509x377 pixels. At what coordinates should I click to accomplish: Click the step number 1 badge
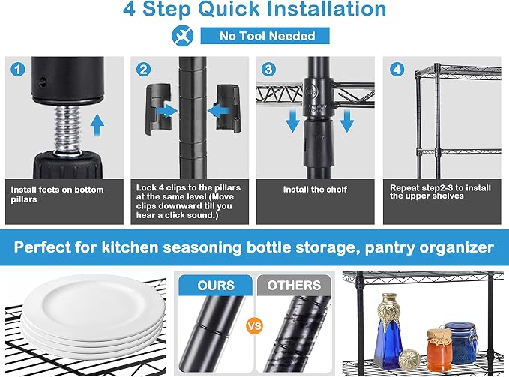[17, 70]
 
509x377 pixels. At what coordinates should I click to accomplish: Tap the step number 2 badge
[143, 70]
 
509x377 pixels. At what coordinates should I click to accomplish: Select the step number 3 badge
[268, 70]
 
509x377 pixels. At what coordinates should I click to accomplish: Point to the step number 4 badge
[397, 70]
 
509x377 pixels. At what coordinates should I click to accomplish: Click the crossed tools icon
[183, 36]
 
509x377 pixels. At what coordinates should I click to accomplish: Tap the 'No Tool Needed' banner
[265, 36]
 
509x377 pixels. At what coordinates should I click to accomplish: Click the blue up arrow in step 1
[97, 125]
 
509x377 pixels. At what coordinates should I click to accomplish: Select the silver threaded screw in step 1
[67, 129]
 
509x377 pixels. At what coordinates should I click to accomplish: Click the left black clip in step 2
[158, 109]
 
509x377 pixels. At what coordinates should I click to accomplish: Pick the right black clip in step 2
[229, 109]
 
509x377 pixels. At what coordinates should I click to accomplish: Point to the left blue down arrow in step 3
[293, 121]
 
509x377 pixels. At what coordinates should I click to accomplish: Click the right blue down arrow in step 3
[346, 121]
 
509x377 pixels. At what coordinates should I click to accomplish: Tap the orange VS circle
[254, 325]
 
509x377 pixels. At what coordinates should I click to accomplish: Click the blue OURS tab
[216, 285]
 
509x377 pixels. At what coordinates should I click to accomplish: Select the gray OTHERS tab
[294, 285]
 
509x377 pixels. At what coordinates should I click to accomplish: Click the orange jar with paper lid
[439, 350]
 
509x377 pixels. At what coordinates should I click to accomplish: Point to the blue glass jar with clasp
[461, 342]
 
